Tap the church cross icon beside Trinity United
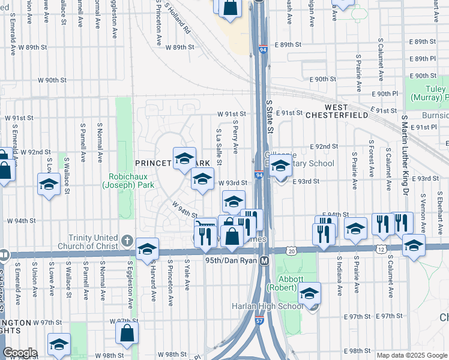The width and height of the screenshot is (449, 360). [127, 241]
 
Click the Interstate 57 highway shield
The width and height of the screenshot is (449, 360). [259, 321]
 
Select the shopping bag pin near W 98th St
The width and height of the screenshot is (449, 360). [127, 332]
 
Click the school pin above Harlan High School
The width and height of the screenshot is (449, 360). [309, 293]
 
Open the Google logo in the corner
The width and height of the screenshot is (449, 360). [19, 353]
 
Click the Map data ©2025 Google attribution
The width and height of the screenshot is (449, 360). [411, 355]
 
